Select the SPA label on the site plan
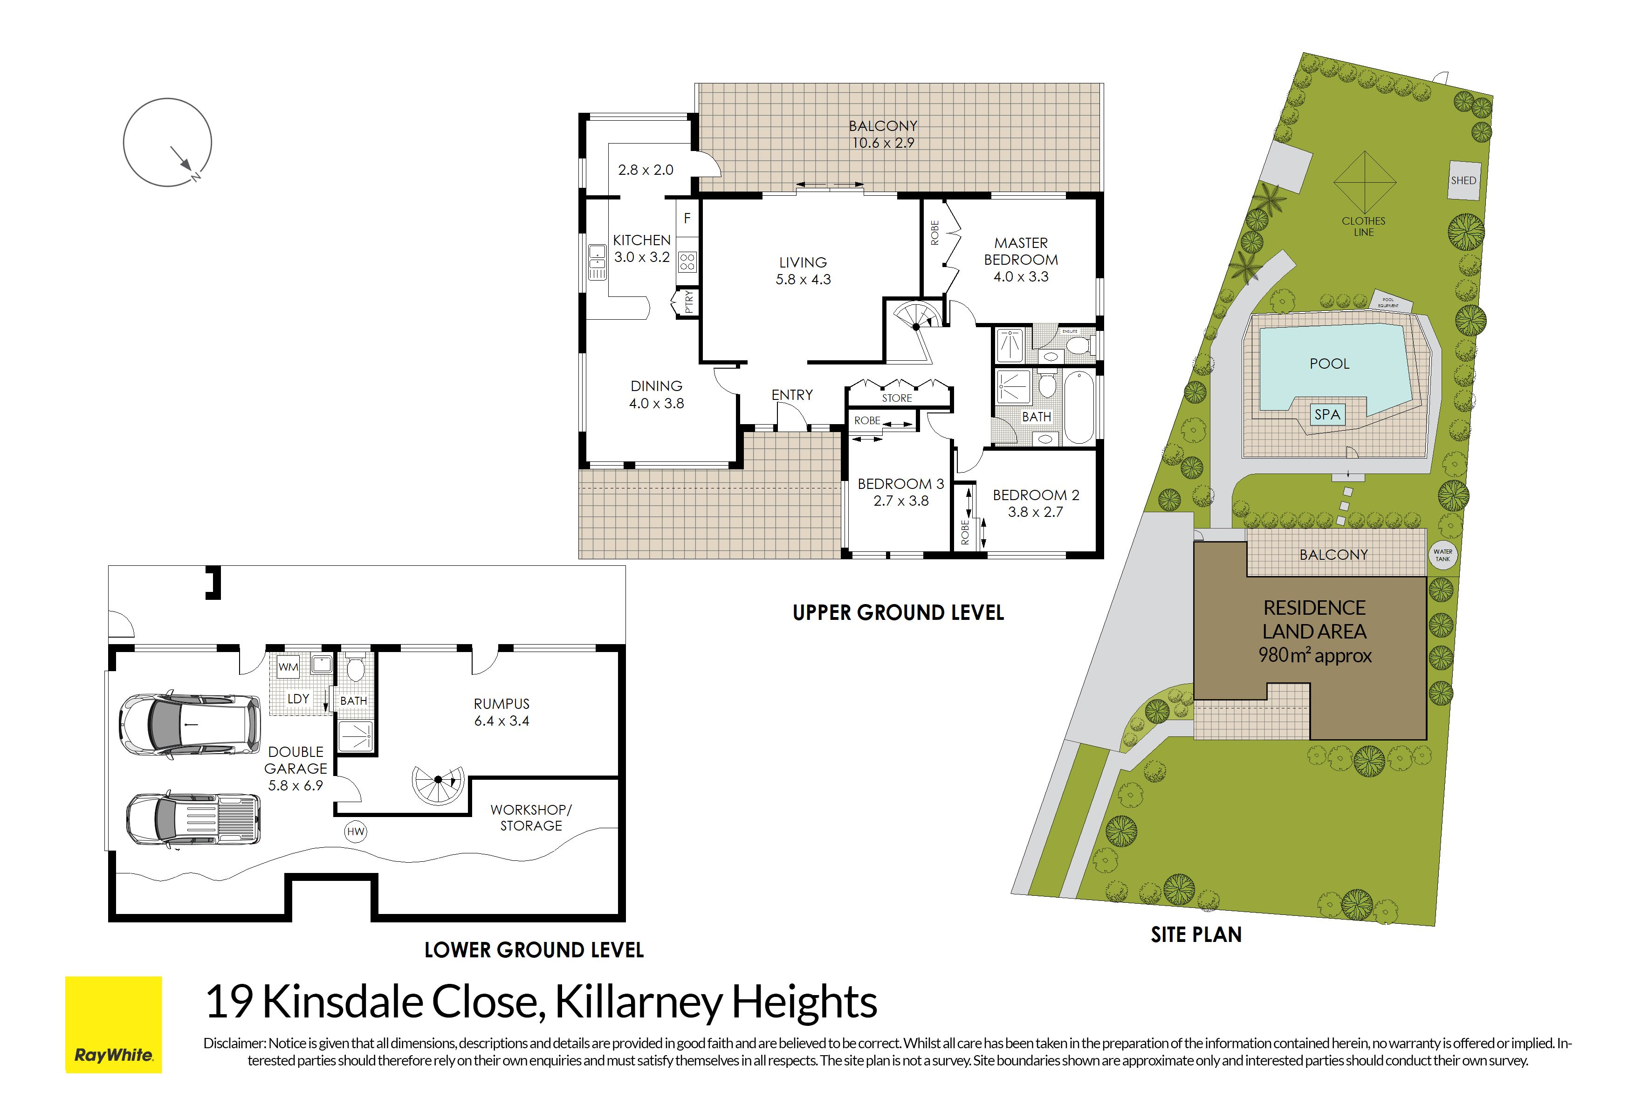click(x=1327, y=414)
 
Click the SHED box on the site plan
click(x=1463, y=180)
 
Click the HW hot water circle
click(x=356, y=831)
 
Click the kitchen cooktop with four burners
click(x=687, y=262)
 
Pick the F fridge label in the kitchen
click(x=687, y=218)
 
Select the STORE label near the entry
click(x=897, y=398)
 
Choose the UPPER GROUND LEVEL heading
click(x=899, y=613)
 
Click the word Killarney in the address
click(x=638, y=1002)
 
